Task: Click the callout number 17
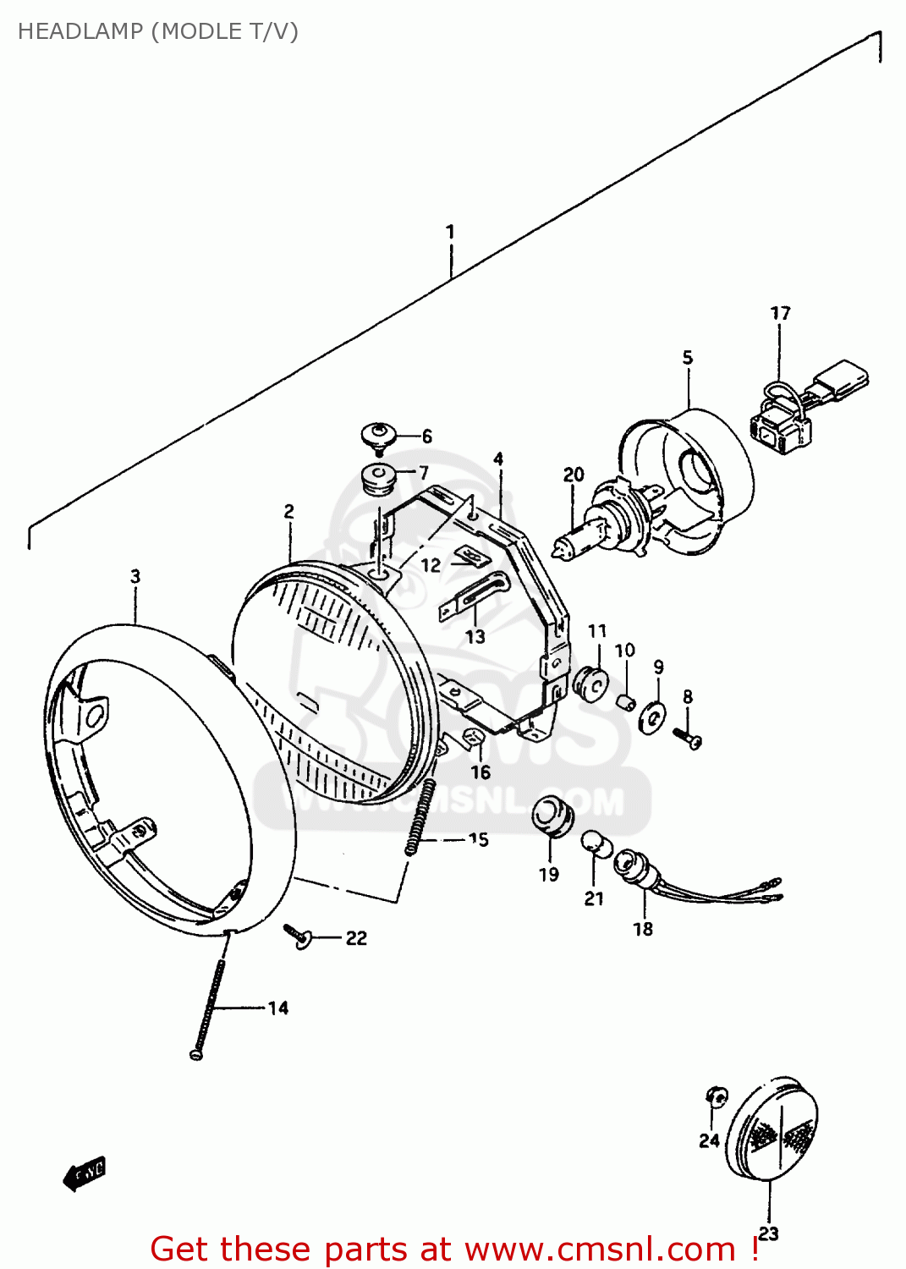780,314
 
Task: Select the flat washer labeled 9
651,717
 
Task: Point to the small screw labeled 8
688,739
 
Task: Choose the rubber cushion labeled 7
378,478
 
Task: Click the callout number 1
450,232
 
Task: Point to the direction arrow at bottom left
85,1173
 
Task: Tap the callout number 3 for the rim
135,577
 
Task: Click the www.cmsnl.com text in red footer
600,1250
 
